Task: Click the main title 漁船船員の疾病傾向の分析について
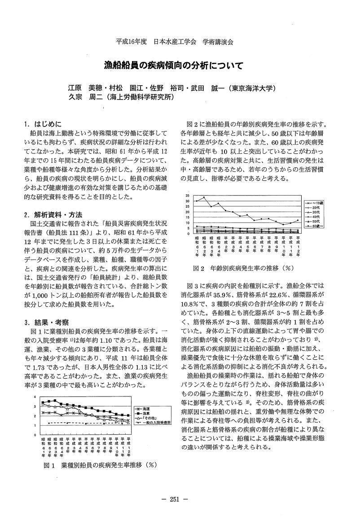coord(180,65)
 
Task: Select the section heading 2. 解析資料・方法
coord(53,214)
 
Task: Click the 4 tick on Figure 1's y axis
coord(35,397)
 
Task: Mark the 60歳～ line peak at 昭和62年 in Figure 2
coord(204,197)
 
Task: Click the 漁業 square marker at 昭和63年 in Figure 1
coord(55,401)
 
